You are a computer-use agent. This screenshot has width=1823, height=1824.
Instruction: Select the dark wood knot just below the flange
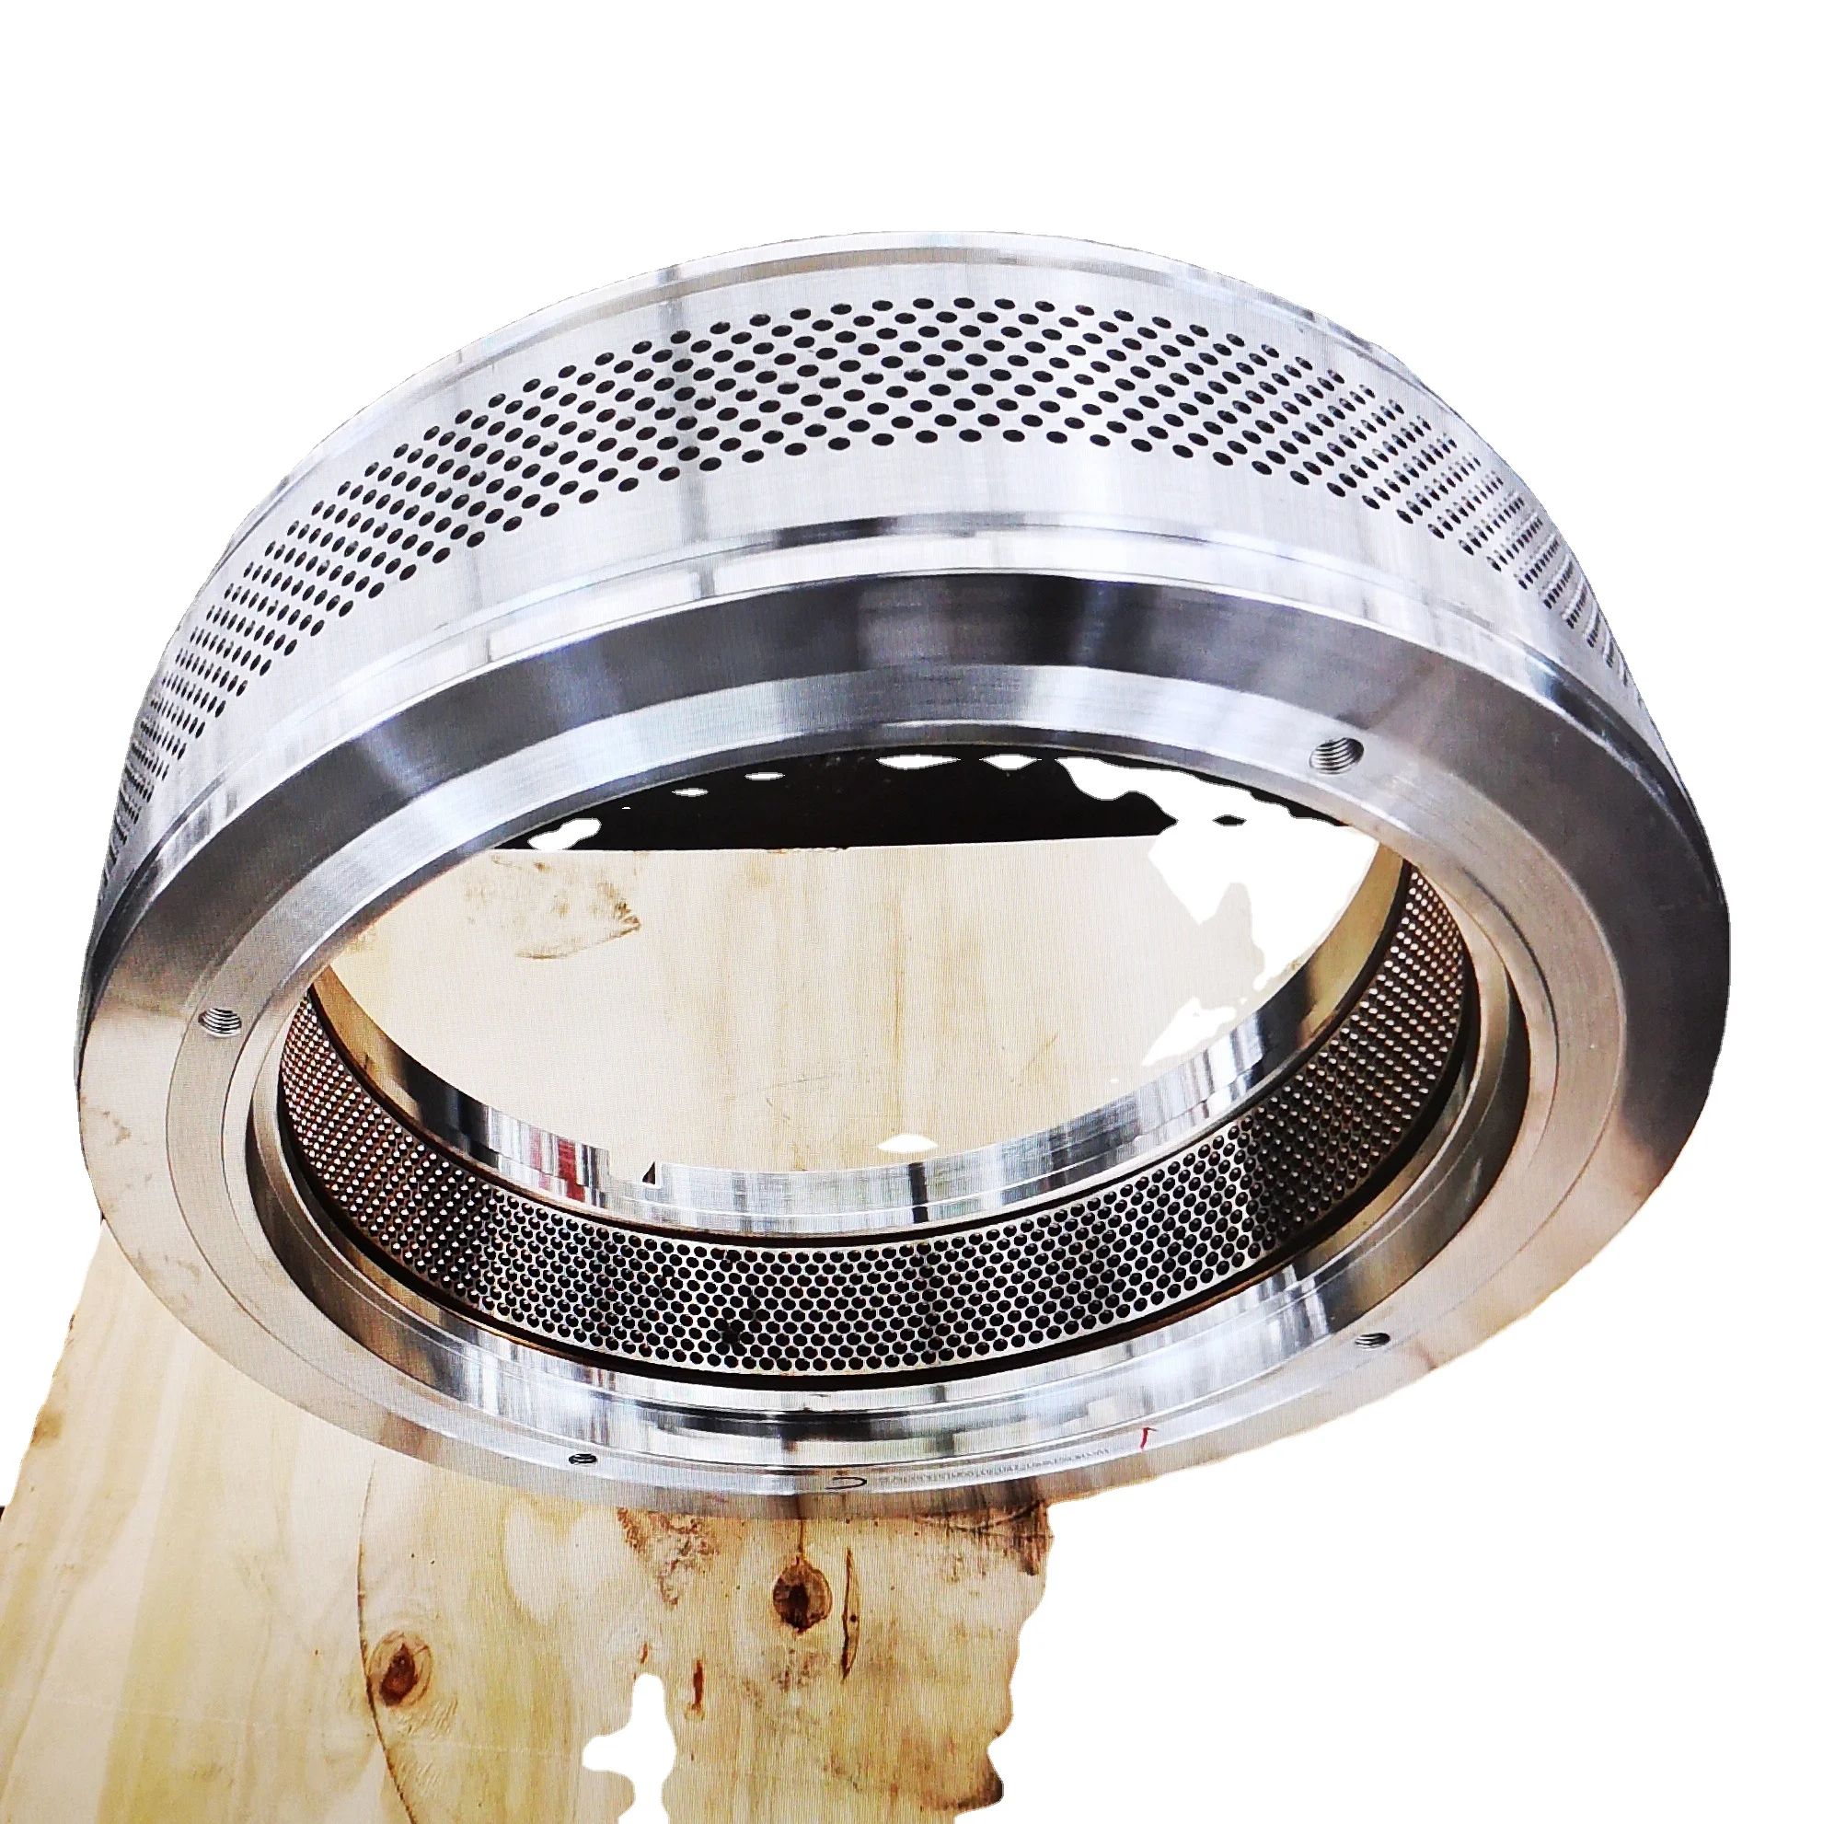(x=796, y=1595)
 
